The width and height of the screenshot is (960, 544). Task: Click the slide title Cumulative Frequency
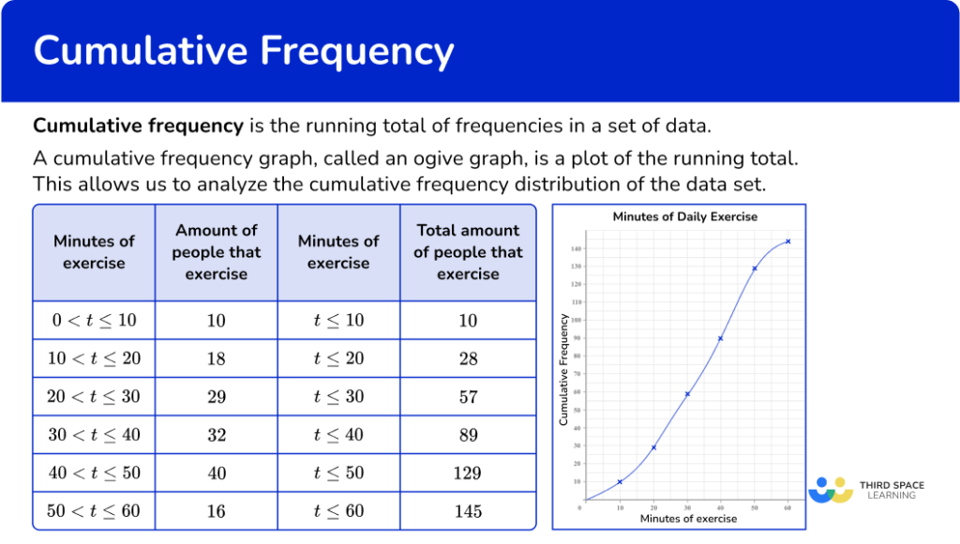[x=244, y=51]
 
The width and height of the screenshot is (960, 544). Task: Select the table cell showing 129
[x=468, y=473]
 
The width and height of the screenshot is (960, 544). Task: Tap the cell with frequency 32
[x=217, y=434]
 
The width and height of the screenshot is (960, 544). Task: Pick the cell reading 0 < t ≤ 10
[x=94, y=320]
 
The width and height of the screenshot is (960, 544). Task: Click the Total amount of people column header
[x=468, y=252]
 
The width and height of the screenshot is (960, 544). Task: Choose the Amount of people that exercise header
[x=217, y=252]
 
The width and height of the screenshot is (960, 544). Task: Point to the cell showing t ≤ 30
[x=338, y=396]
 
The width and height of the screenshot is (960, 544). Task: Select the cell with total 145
[x=468, y=511]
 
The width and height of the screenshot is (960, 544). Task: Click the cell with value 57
[x=468, y=396]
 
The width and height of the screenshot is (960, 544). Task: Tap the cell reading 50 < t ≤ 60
[x=94, y=511]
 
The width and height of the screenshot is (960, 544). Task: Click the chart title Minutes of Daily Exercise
[x=684, y=217]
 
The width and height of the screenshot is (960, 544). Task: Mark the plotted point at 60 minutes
[x=787, y=241]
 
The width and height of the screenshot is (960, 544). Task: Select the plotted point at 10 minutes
[x=620, y=481]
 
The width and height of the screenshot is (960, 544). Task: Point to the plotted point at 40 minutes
[x=720, y=339]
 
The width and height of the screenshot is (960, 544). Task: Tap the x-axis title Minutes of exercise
[x=688, y=519]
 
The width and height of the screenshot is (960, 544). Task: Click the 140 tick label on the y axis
[x=575, y=249]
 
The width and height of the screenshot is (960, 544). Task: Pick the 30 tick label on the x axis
[x=687, y=507]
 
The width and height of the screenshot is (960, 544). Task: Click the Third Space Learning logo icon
[x=831, y=490]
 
